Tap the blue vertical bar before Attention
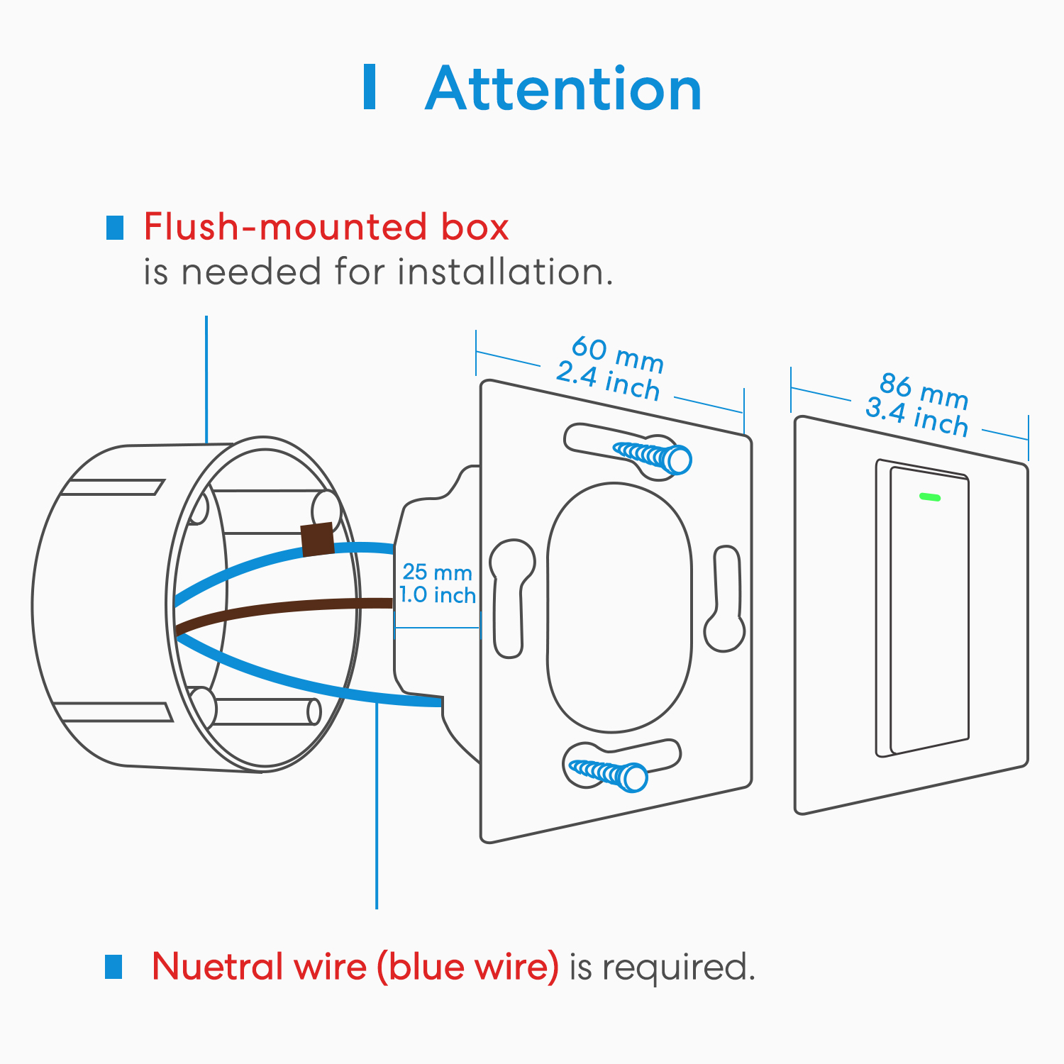pyautogui.click(x=369, y=87)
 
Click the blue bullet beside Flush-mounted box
pyautogui.click(x=114, y=228)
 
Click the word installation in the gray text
pyautogui.click(x=504, y=272)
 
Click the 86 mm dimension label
pyautogui.click(x=924, y=391)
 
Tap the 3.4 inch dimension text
pyautogui.click(x=916, y=418)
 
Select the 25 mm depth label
pyautogui.click(x=437, y=572)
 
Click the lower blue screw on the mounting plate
pyautogui.click(x=610, y=773)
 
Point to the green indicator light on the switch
pyautogui.click(x=929, y=497)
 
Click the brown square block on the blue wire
pyautogui.click(x=317, y=540)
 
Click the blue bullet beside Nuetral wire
pyautogui.click(x=113, y=966)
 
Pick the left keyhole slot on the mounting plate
pyautogui.click(x=511, y=596)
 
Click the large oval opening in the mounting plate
pyautogui.click(x=619, y=606)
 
